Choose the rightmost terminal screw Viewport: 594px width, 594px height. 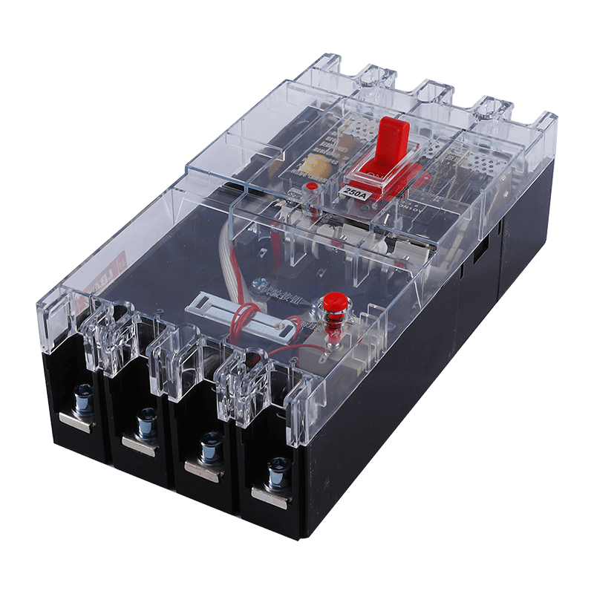pos(277,469)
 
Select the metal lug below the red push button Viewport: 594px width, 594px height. pos(332,342)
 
